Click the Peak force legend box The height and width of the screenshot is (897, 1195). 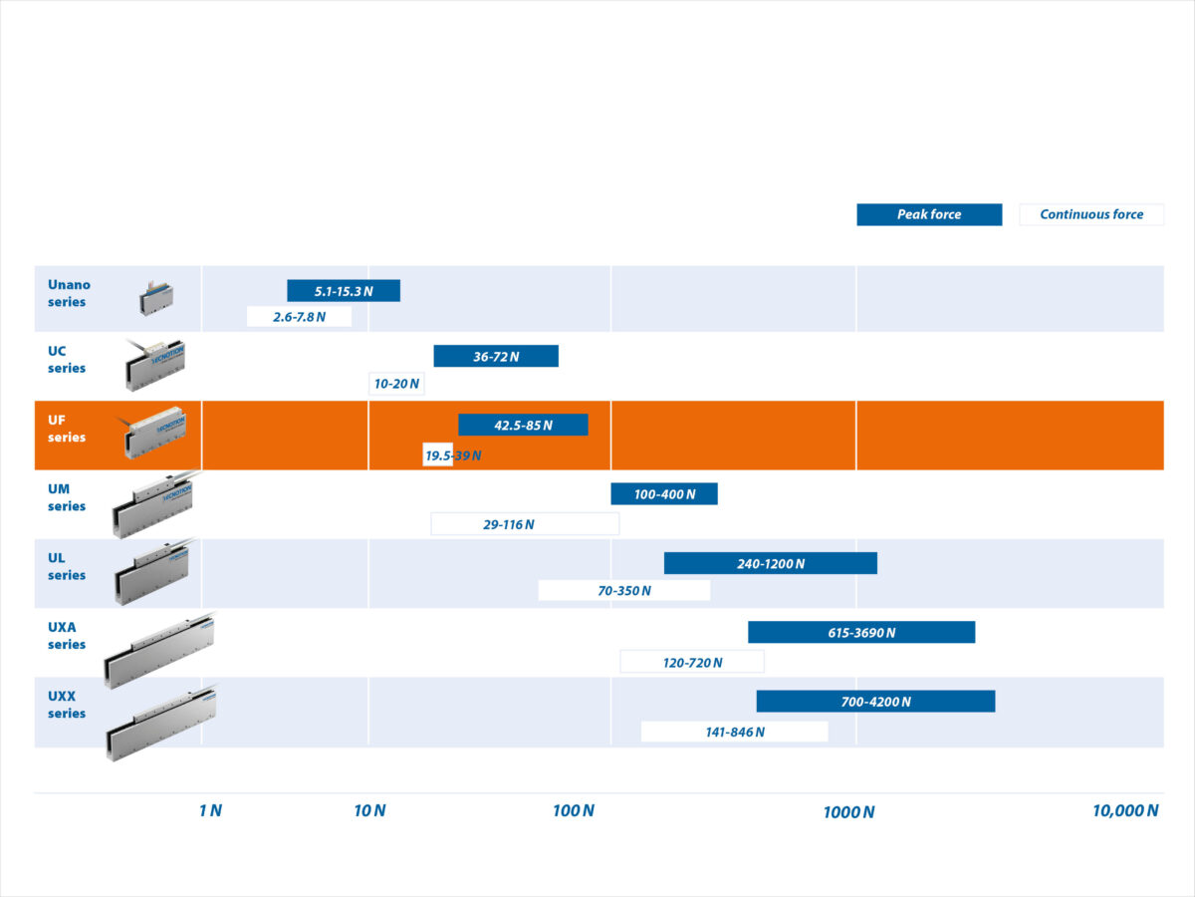929,214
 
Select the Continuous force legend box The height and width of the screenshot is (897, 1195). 1091,214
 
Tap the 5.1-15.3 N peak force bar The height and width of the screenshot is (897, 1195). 344,291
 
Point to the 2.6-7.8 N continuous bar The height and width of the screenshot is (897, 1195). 299,317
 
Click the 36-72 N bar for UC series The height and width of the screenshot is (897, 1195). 496,356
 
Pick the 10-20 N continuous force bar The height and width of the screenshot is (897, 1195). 396,384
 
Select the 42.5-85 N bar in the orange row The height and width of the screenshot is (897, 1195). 523,425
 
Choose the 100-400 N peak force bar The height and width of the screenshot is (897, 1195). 664,493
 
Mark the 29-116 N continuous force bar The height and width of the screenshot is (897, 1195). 525,523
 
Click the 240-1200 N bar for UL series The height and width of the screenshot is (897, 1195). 771,563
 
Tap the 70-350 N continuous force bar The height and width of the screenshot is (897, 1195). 624,590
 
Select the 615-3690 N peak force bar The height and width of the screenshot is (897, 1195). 861,632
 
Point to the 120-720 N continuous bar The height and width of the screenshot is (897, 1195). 692,662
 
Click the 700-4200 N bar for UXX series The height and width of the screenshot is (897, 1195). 875,701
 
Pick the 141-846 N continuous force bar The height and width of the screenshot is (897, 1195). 734,732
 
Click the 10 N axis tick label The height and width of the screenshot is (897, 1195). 369,810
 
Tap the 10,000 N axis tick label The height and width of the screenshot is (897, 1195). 1125,810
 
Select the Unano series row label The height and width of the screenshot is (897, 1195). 69,293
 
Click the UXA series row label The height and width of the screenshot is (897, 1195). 67,636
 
